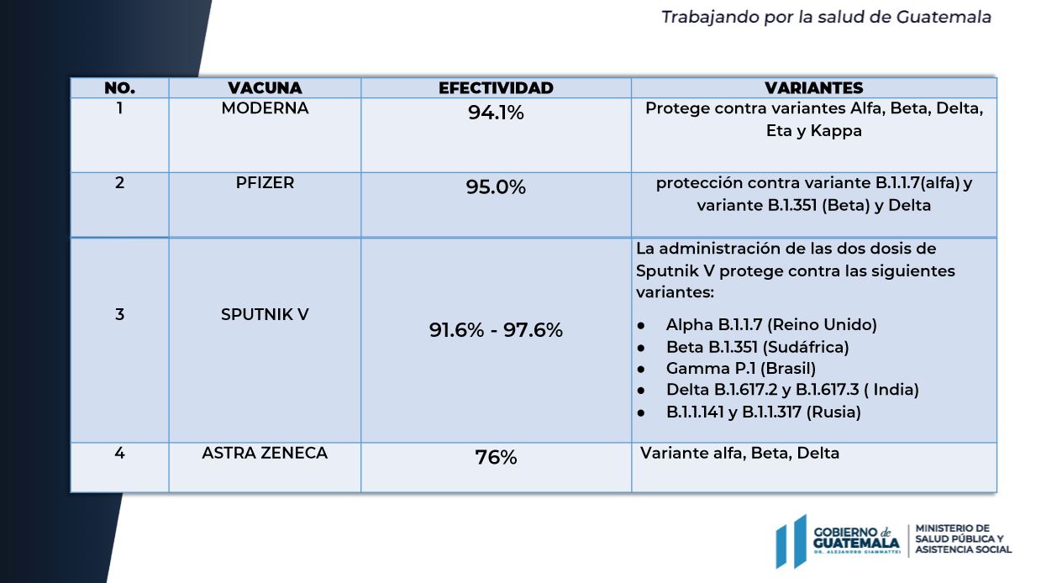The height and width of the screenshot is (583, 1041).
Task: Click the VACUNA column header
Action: [265, 87]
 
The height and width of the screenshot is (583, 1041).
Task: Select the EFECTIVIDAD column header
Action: [496, 87]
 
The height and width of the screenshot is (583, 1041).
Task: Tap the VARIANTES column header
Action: [813, 87]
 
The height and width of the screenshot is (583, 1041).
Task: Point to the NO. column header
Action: [119, 87]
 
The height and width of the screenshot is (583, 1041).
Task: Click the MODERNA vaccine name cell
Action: [265, 108]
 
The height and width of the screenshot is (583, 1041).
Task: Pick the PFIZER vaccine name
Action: [265, 182]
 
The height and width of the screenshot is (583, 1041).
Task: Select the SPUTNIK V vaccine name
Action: [265, 314]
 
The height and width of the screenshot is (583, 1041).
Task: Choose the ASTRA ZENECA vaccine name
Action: [265, 453]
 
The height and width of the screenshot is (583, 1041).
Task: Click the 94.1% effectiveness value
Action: [496, 113]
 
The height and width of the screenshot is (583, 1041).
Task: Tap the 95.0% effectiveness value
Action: [496, 187]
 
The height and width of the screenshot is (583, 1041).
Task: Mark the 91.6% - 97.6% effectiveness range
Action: [496, 330]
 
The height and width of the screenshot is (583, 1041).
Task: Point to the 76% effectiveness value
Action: [496, 458]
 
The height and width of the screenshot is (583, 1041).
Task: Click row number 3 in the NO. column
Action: [119, 314]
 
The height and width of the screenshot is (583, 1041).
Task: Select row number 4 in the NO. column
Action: [119, 453]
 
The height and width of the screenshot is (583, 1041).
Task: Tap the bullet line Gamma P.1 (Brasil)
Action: [740, 368]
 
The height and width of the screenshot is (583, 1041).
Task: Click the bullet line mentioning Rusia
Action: [763, 412]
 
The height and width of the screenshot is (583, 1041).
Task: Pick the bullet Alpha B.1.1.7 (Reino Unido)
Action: [770, 324]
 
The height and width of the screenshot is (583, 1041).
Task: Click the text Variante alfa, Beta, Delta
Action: [739, 453]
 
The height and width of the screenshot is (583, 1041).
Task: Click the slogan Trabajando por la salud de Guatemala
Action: [826, 17]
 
